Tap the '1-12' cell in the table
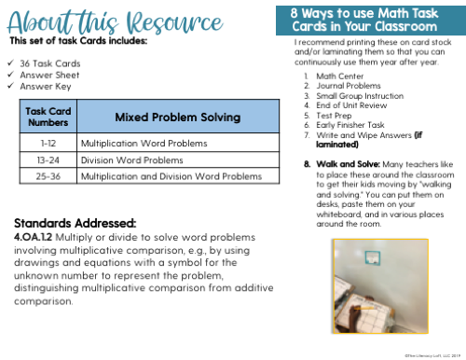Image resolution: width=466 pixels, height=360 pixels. coord(48,144)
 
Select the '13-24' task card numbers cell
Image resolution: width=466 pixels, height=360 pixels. coord(48,159)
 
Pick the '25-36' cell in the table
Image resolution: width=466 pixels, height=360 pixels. coord(48,175)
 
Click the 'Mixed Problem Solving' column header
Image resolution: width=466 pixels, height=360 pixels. coord(177,118)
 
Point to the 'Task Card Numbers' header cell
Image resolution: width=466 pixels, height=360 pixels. coord(48,118)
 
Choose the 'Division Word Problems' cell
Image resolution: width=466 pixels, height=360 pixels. coord(128,159)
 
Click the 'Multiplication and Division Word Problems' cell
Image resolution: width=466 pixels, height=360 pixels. coord(171,175)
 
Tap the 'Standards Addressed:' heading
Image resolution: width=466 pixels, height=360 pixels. coord(75,223)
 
